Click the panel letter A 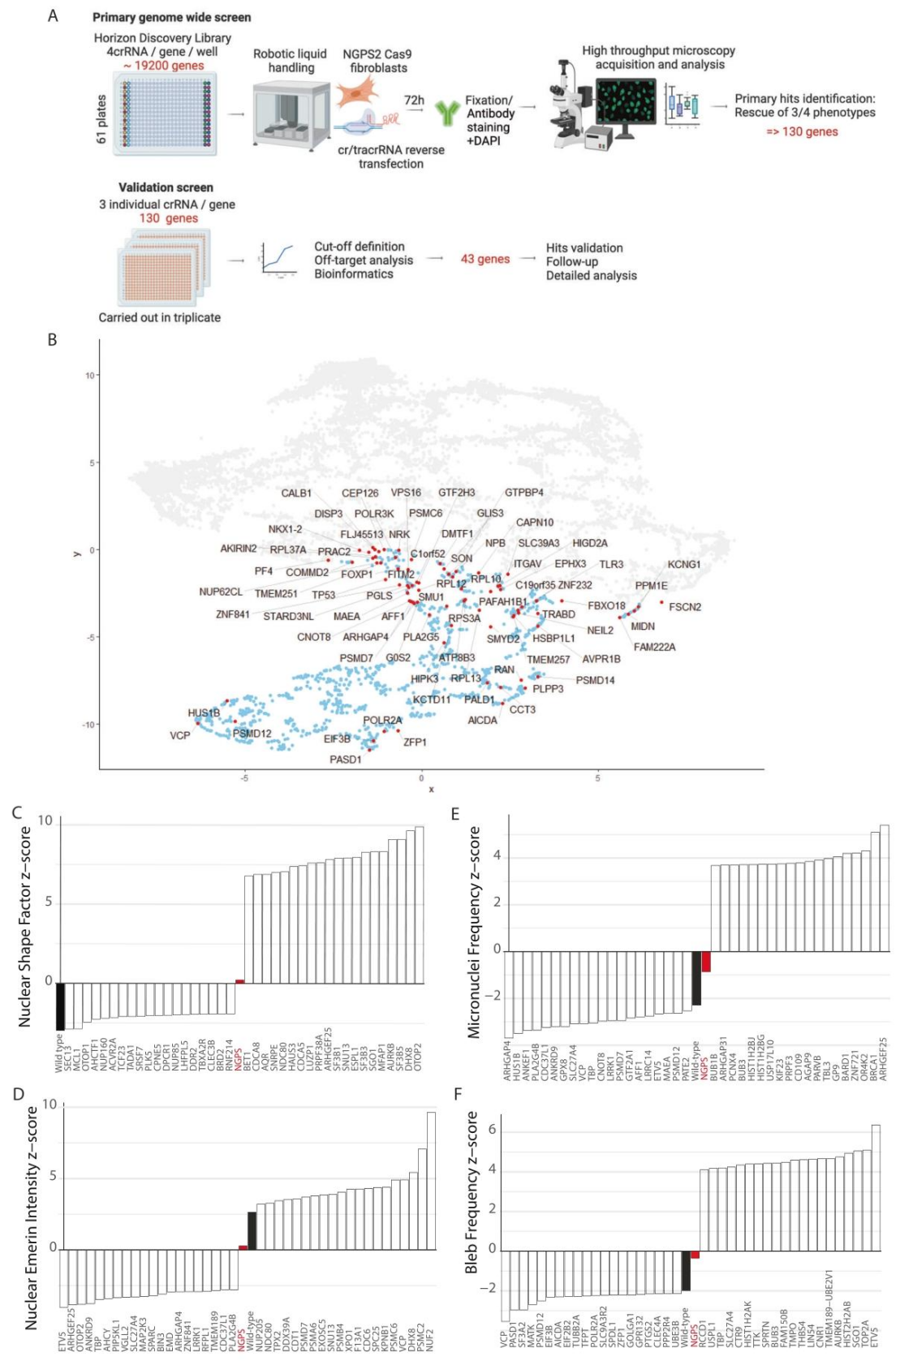tap(53, 15)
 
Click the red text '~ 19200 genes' tap(164, 66)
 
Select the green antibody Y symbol tap(446, 113)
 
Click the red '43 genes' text tap(485, 259)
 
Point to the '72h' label tap(414, 100)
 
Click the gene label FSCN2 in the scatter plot tap(684, 607)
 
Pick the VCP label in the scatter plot tap(179, 735)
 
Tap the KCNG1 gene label tap(683, 565)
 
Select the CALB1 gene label tap(296, 493)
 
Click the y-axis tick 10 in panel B tap(89, 375)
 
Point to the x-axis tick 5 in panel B tap(598, 778)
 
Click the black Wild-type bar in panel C tap(60, 1006)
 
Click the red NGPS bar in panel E tap(706, 962)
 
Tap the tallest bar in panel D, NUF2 tap(431, 1180)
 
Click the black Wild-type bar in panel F tap(686, 1270)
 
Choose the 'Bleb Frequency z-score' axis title tap(472, 1192)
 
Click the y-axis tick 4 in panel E tap(497, 856)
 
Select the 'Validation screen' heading tap(166, 187)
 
